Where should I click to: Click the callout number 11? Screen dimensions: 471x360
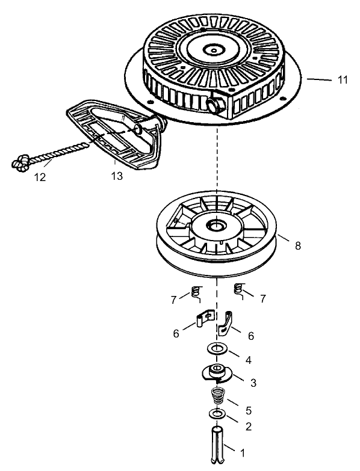click(x=343, y=80)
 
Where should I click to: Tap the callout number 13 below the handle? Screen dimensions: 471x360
click(x=116, y=176)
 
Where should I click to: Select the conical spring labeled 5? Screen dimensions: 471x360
click(x=217, y=397)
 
